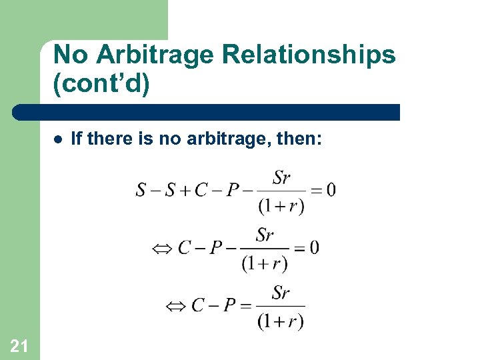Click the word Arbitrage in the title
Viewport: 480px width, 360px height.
click(x=150, y=55)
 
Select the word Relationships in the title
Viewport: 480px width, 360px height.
click(x=309, y=55)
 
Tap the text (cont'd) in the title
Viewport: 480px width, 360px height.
click(x=101, y=86)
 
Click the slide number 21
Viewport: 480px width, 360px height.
click(x=19, y=345)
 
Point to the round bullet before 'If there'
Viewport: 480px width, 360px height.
click(x=58, y=139)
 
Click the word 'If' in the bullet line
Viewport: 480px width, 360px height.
click(x=76, y=139)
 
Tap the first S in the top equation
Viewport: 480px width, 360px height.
click(x=141, y=191)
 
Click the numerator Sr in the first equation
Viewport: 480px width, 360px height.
click(x=281, y=178)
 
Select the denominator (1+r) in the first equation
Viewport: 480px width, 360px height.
click(x=281, y=206)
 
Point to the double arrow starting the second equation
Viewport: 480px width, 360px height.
click(x=163, y=249)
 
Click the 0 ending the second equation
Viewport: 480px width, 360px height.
click(x=314, y=248)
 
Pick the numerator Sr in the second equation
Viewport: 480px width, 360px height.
click(x=265, y=235)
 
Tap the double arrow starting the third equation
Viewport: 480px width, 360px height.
click(x=176, y=306)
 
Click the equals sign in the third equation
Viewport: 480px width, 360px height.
click(x=246, y=306)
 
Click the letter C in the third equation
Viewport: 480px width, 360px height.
click(x=198, y=306)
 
